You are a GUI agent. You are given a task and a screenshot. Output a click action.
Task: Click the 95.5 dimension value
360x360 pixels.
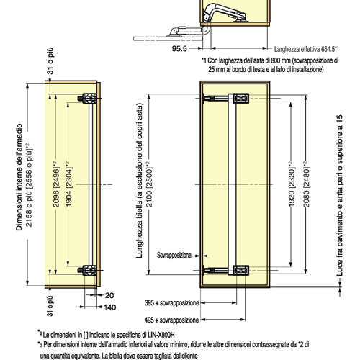tap(179, 49)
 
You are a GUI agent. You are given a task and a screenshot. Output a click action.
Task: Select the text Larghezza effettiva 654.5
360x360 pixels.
tap(305, 49)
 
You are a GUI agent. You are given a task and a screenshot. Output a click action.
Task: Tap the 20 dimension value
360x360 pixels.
tap(109, 295)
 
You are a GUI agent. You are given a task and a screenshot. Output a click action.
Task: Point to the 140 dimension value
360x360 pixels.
tap(110, 307)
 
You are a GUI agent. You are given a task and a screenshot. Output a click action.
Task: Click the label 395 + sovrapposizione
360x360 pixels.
tap(171, 303)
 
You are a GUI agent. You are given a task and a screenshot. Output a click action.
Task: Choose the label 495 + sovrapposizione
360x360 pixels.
tap(171, 320)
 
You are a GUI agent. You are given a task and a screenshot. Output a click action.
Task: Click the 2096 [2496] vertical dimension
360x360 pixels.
tap(56, 184)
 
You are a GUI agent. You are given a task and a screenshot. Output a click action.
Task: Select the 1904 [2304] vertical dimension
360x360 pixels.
tap(69, 184)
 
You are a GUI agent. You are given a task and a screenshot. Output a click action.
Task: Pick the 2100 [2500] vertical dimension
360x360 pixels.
tap(150, 184)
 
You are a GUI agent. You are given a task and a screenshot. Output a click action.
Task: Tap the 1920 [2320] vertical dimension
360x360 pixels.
tap(292, 184)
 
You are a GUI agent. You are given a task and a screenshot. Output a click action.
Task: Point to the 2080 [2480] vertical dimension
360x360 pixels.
tap(307, 184)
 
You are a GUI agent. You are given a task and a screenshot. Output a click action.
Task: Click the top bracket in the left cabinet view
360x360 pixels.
tap(88, 99)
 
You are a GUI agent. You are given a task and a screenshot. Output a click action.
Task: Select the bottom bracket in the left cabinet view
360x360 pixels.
tap(88, 270)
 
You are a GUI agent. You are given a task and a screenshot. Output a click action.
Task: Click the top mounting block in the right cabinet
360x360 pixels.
tap(240, 99)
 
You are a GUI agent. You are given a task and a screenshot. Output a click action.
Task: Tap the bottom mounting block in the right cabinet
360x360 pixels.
tap(240, 270)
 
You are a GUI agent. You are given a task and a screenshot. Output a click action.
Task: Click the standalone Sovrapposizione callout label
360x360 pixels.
tap(174, 255)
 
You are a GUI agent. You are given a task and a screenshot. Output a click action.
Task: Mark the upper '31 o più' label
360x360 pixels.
tap(50, 61)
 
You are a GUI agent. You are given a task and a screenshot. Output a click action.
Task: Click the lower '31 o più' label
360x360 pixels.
tap(50, 306)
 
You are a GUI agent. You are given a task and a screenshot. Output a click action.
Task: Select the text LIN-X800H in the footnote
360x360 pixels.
tap(161, 335)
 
